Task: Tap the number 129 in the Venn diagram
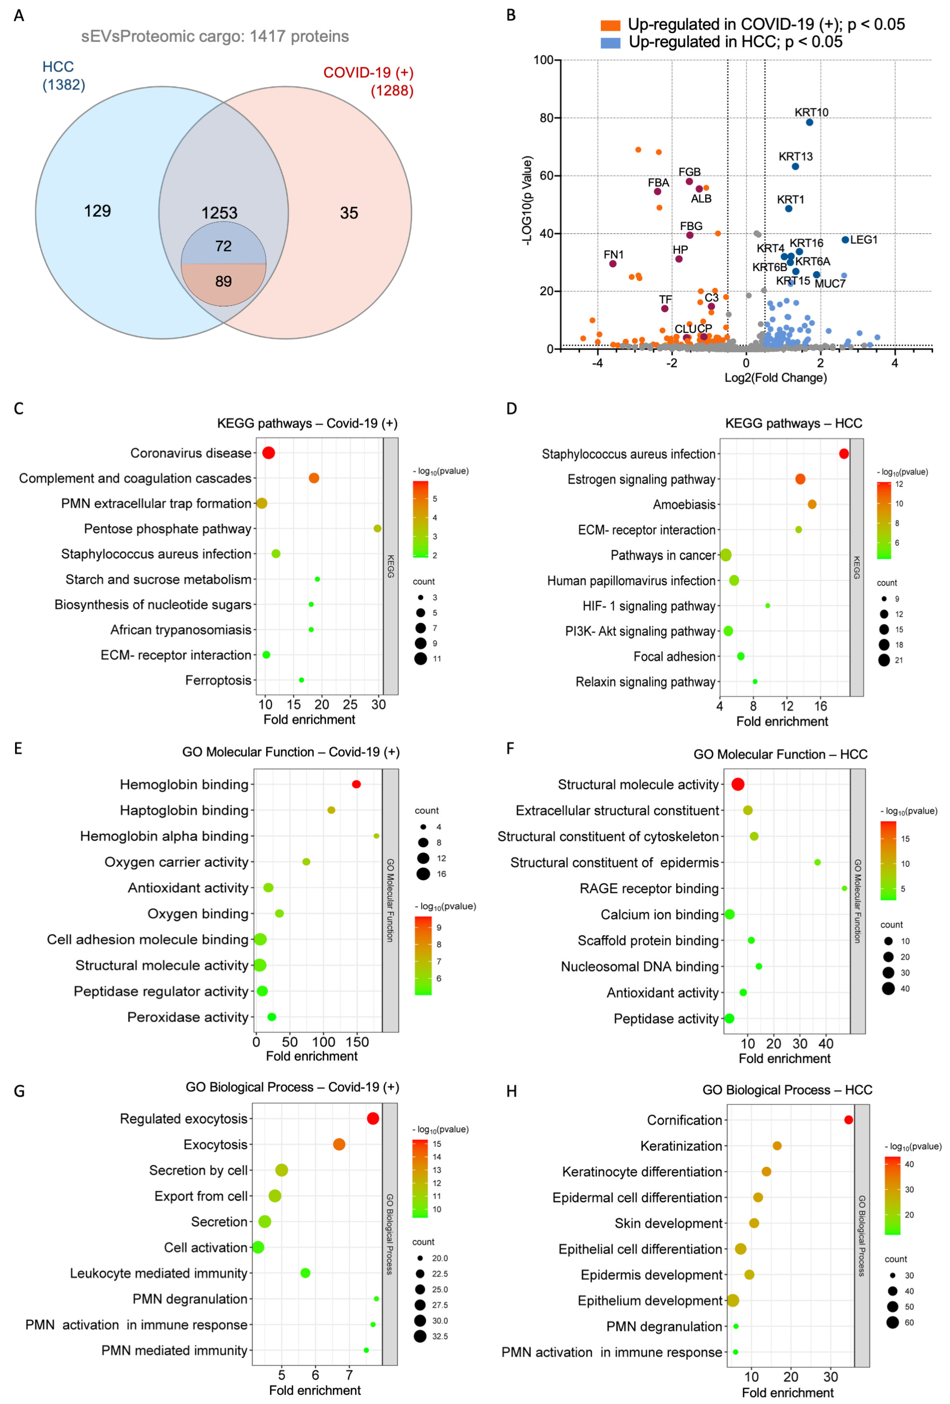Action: pyautogui.click(x=97, y=211)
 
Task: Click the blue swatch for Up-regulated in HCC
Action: pyautogui.click(x=610, y=42)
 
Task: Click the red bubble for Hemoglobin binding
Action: pyautogui.click(x=357, y=784)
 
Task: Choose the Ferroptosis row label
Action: pyautogui.click(x=218, y=680)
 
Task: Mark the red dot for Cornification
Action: pyautogui.click(x=848, y=1119)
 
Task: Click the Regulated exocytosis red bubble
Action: pyautogui.click(x=373, y=1118)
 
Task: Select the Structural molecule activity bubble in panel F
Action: pyautogui.click(x=737, y=784)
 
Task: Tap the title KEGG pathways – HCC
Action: pyautogui.click(x=794, y=423)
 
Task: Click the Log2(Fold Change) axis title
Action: pyautogui.click(x=775, y=378)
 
